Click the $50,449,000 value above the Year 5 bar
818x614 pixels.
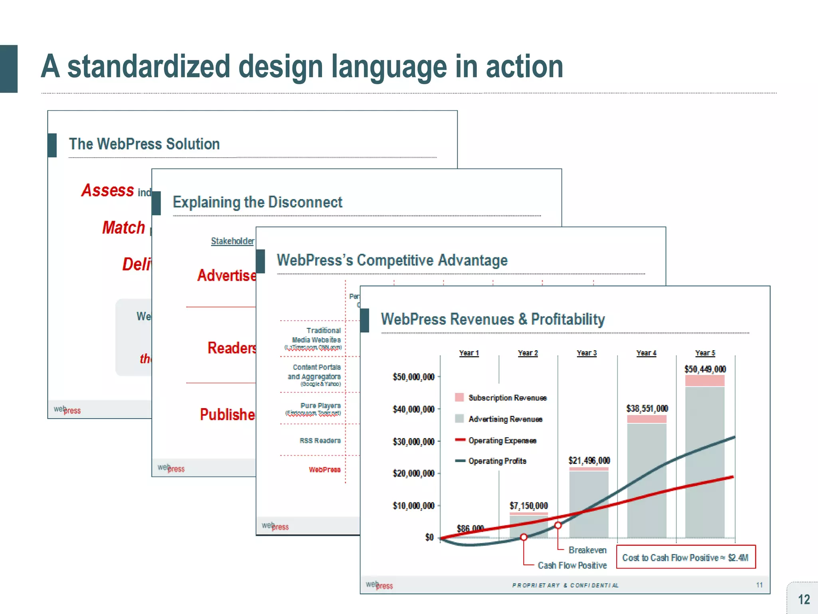pos(705,369)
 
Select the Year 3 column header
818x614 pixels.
pos(586,353)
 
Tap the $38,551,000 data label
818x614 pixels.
pos(647,408)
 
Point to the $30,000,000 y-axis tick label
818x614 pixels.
pos(413,441)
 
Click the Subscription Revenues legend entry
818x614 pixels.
pos(507,398)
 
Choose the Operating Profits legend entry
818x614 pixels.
pos(497,461)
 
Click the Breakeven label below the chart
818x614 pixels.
pos(588,550)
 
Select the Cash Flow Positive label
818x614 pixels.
pos(572,565)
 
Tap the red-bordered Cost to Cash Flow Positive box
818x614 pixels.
pos(685,557)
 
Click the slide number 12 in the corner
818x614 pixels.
pos(804,600)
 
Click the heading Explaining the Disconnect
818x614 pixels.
pos(258,202)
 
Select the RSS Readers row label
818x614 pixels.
pos(320,441)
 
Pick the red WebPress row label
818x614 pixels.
pos(324,470)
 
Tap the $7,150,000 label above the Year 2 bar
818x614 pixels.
pos(528,506)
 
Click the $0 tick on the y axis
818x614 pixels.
pos(429,537)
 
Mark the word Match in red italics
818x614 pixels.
pos(123,227)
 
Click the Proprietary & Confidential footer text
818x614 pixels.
pos(565,585)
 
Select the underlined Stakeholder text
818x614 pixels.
pos(232,241)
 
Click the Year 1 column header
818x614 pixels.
pos(469,353)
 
